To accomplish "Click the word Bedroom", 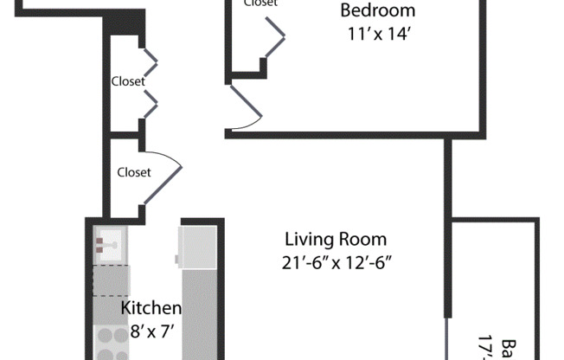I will click(377, 11).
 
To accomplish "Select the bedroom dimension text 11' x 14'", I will click(377, 35).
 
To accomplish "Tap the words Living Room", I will click(336, 240).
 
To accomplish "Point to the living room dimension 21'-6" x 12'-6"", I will click(336, 262).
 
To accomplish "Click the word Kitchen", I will click(151, 308).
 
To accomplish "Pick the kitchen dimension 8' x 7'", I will click(151, 329).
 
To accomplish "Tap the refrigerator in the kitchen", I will click(197, 247).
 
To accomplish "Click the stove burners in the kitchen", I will click(110, 343).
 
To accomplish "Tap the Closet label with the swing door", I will click(134, 172).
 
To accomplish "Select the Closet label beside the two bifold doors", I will click(127, 82).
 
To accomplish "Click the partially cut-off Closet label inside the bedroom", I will click(260, 3).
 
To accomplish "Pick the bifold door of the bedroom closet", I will click(274, 39).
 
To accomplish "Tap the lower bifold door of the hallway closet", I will click(149, 104).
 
